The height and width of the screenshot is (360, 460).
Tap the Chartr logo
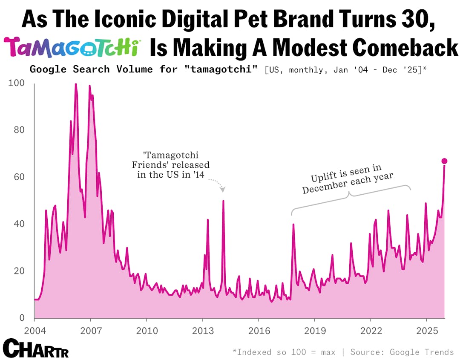pos(35,348)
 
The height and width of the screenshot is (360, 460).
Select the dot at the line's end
pos(444,161)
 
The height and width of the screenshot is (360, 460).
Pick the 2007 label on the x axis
pos(90,331)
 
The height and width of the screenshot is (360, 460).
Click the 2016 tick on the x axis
pos(258,331)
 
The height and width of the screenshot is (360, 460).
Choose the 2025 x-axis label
pos(426,331)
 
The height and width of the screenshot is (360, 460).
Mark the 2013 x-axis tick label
pos(202,331)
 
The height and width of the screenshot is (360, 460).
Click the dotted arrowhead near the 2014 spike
pos(223,190)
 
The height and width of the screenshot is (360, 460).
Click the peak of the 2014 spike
pos(223,201)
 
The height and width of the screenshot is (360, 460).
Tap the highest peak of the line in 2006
pos(75,84)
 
